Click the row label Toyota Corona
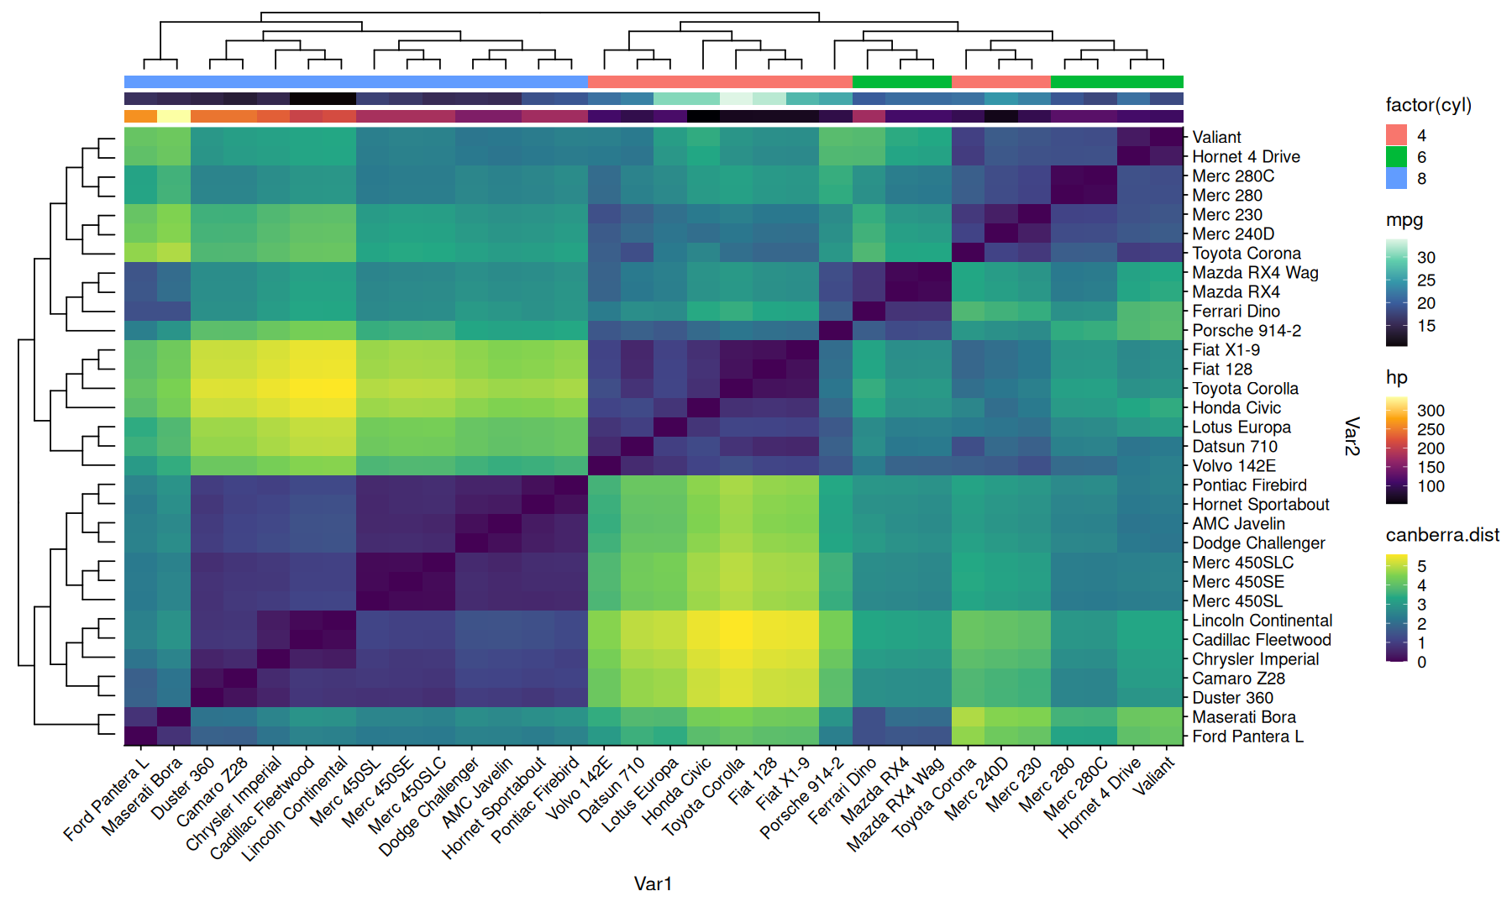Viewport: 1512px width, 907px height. coord(1247,254)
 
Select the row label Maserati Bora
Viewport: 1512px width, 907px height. coord(1244,717)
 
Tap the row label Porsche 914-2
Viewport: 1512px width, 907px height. coord(1247,331)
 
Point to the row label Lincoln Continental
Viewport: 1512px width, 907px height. coord(1263,621)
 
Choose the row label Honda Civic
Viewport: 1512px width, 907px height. coord(1236,408)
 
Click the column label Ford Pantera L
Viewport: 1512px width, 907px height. coord(108,800)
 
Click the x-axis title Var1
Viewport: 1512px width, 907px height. coord(653,883)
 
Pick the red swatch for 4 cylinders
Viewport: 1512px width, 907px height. coord(1396,135)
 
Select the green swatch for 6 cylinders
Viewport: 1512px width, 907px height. coord(1396,157)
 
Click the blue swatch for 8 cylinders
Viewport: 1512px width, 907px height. coord(1396,178)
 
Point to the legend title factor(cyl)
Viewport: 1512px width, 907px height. coord(1428,105)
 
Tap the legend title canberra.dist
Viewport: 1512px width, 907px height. coord(1442,535)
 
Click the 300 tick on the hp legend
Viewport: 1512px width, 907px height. coord(1431,411)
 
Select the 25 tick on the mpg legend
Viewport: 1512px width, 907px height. coord(1426,280)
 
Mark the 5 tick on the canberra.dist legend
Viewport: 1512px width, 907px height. coord(1421,567)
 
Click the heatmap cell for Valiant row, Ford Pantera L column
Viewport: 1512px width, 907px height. coord(140,137)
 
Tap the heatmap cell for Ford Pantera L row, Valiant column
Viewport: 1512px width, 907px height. coord(1167,737)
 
